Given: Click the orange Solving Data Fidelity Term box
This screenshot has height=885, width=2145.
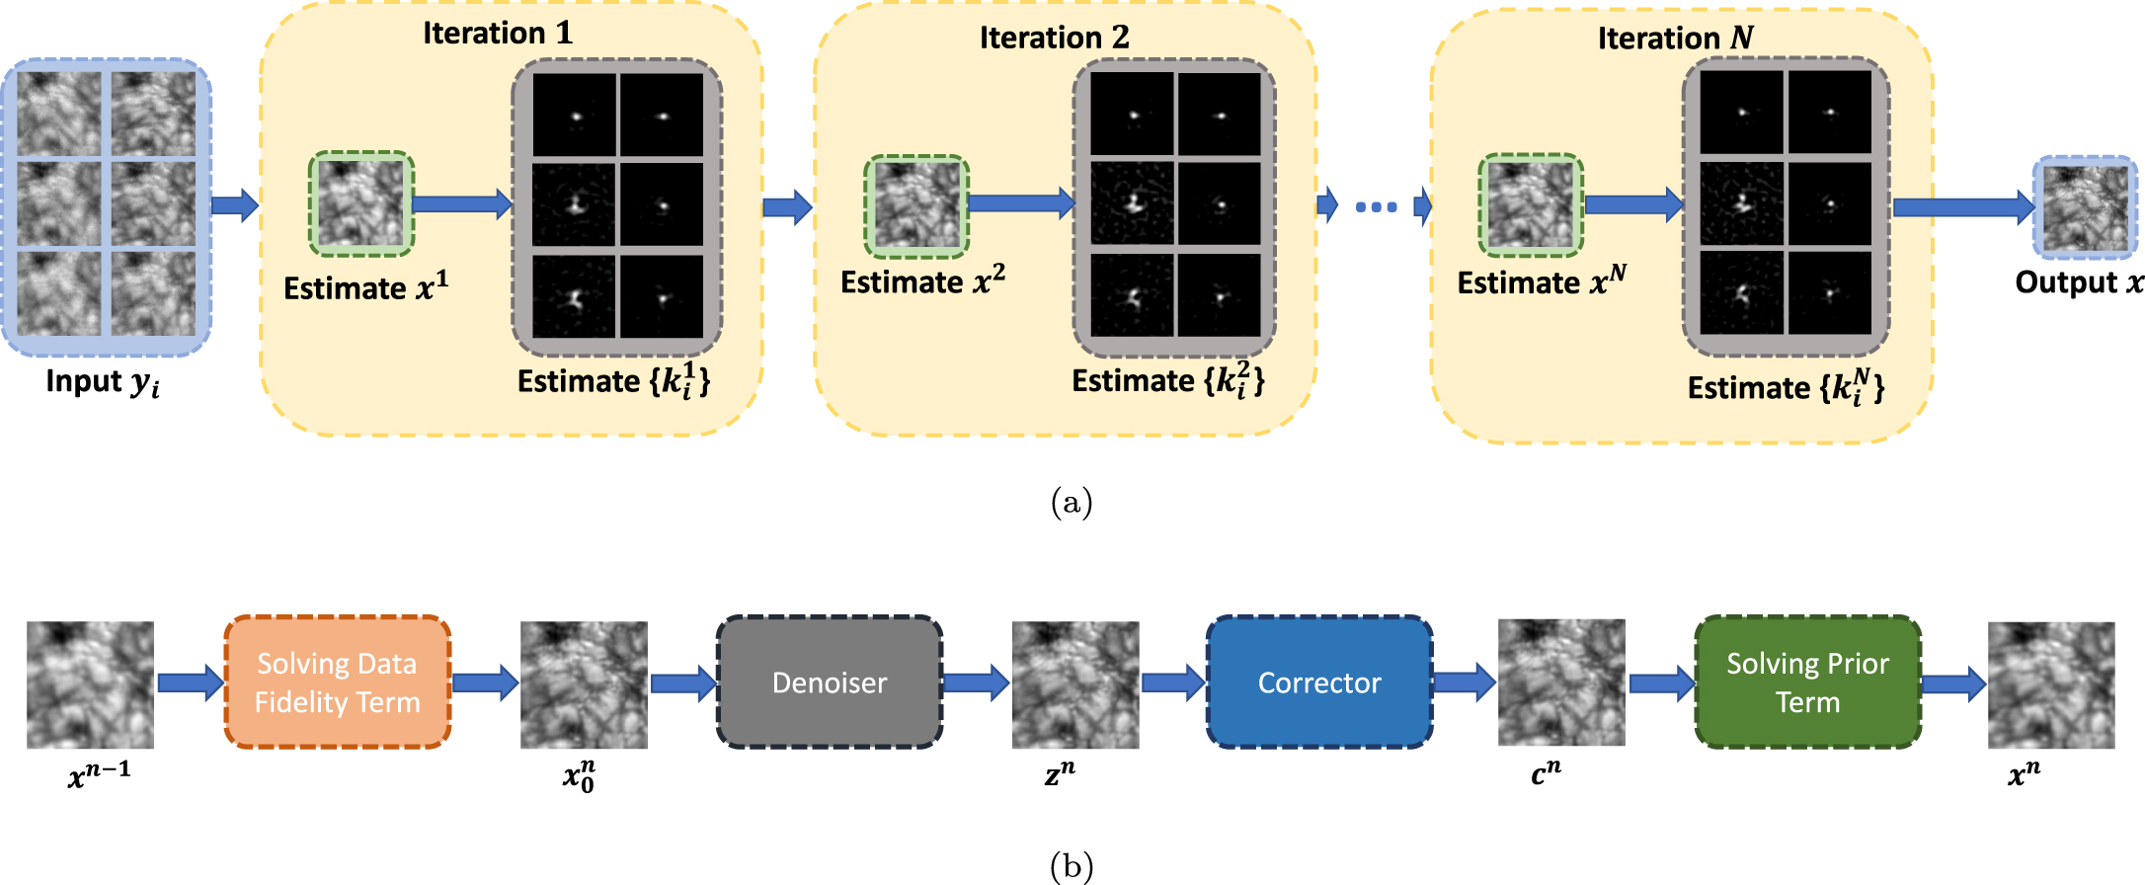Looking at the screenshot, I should [x=338, y=683].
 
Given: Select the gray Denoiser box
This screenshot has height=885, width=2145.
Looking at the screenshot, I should [x=830, y=683].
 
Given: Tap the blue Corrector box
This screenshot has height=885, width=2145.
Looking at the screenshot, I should [x=1319, y=683].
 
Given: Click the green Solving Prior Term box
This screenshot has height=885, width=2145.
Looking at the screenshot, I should [x=1807, y=683].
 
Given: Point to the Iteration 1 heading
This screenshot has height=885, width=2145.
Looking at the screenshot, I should [x=498, y=34].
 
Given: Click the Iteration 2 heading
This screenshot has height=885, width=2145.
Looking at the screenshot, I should [x=1054, y=38].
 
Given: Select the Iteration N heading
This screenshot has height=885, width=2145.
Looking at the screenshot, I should [x=1675, y=39].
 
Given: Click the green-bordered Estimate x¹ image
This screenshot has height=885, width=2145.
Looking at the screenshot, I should [x=361, y=203].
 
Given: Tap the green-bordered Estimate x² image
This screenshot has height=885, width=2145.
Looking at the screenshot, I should [x=916, y=205].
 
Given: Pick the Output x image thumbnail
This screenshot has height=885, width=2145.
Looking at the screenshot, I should [x=2085, y=207].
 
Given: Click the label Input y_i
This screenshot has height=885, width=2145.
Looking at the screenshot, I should [x=103, y=382].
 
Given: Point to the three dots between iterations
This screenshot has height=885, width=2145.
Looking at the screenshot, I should [x=1376, y=206].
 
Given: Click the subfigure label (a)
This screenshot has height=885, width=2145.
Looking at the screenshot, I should [x=1072, y=503].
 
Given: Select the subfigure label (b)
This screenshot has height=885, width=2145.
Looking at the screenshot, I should [x=1072, y=867].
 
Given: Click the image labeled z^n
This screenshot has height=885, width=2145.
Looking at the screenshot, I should [x=1075, y=684].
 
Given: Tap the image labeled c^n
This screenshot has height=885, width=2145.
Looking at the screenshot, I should [x=1561, y=683].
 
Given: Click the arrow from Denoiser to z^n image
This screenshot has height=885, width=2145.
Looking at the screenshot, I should [x=976, y=683].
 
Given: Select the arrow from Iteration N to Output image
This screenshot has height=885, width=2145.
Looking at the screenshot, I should [x=1962, y=207].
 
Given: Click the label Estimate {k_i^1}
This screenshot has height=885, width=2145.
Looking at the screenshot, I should [x=613, y=381].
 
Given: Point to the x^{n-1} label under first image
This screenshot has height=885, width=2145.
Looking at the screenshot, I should [x=99, y=774].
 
